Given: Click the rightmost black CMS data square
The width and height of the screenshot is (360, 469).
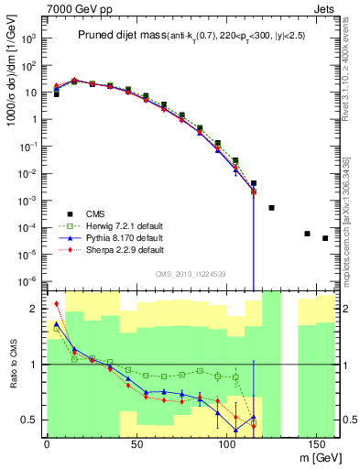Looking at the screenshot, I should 325,238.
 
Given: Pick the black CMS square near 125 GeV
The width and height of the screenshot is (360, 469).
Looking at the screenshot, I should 271,208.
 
